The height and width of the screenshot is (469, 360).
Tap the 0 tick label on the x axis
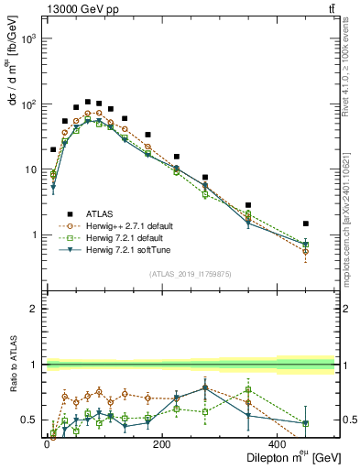pos(46,444)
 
